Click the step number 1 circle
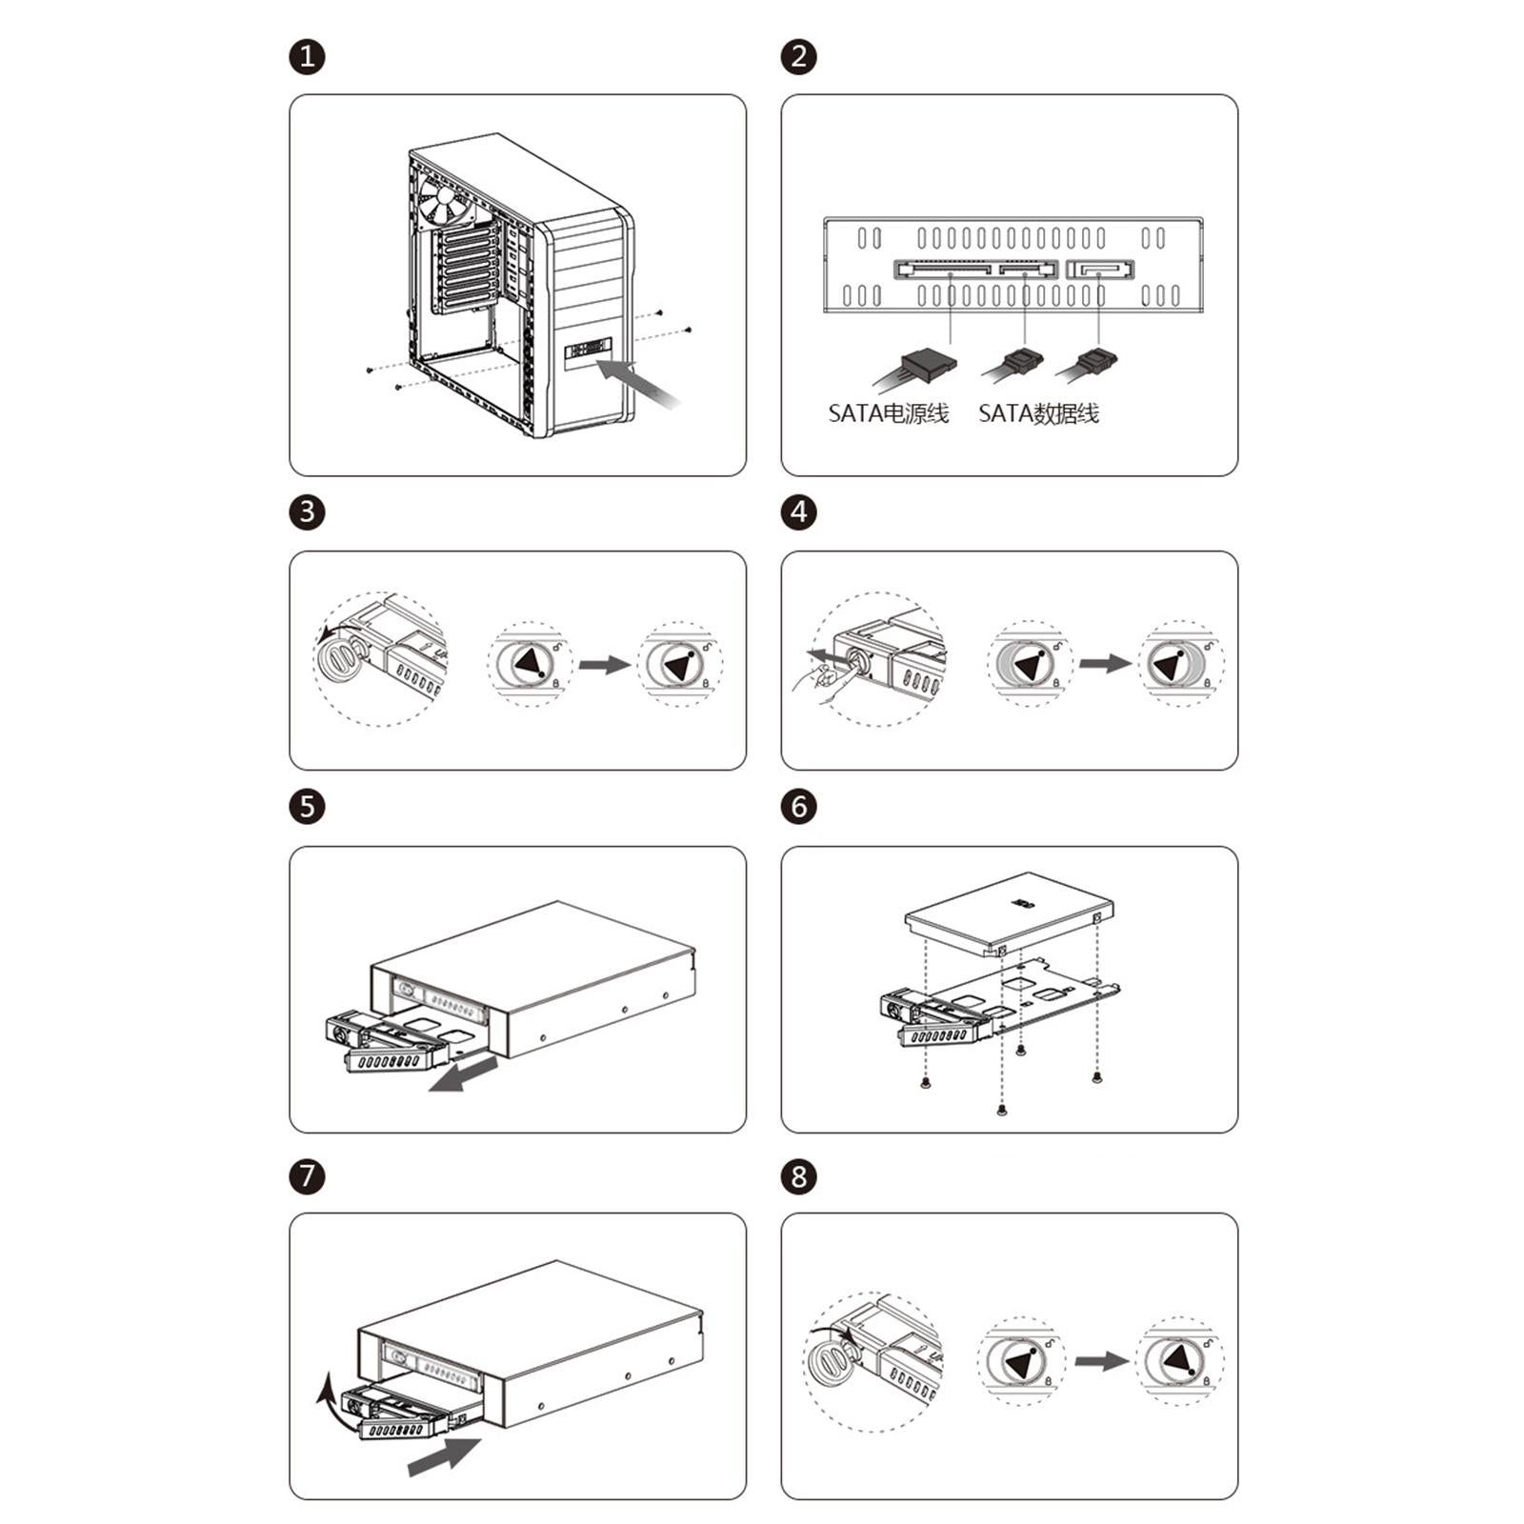(x=307, y=57)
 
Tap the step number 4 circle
(x=799, y=512)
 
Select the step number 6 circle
(x=799, y=807)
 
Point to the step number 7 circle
(x=307, y=1175)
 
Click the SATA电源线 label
(x=889, y=413)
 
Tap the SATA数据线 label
(x=1038, y=413)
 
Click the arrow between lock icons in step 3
(x=605, y=665)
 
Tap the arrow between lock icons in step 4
(x=1105, y=663)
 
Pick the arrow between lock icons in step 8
(x=1102, y=1360)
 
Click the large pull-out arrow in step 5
(x=464, y=1073)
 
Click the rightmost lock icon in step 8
(x=1181, y=1360)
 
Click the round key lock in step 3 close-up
(x=336, y=656)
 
